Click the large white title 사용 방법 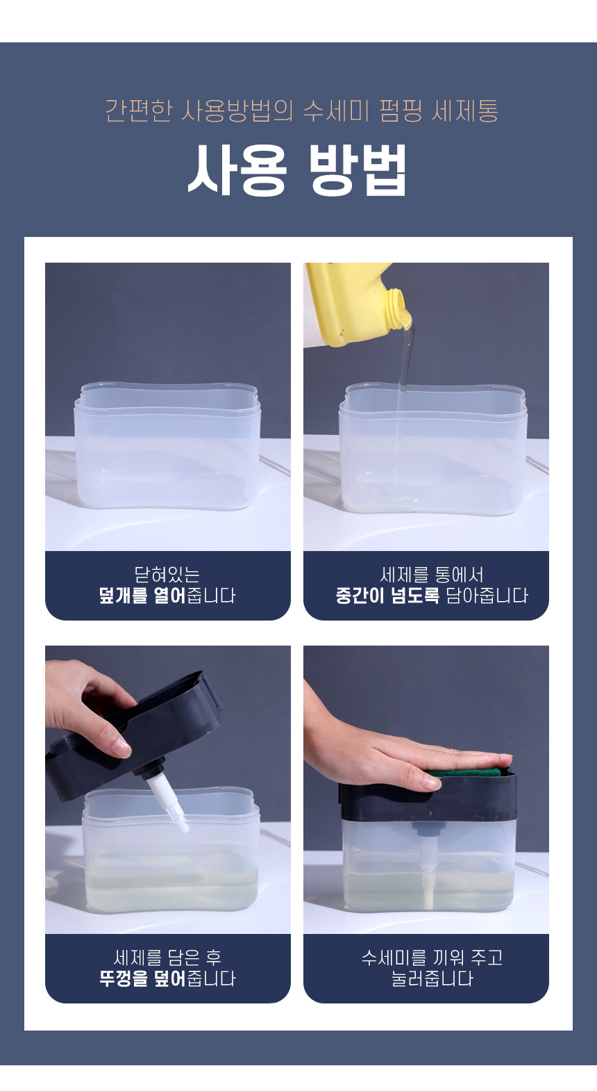point(297,170)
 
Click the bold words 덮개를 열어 point(142,596)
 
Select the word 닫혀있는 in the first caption point(167,575)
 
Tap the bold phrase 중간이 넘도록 point(387,596)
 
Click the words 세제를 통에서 point(432,575)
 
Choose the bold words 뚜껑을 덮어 point(142,978)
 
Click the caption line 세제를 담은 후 point(167,958)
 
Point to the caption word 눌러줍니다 point(432,978)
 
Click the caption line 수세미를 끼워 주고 point(432,958)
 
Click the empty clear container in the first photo point(167,445)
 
